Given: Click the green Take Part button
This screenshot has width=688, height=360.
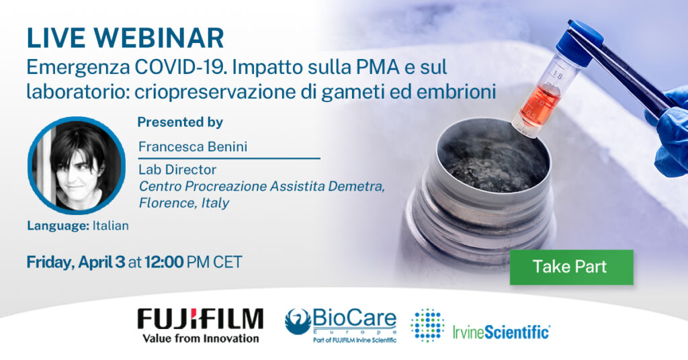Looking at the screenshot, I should tap(571, 267).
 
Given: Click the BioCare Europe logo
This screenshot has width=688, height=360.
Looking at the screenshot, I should tap(341, 321).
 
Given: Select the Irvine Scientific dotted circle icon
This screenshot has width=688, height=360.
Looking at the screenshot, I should tap(427, 325).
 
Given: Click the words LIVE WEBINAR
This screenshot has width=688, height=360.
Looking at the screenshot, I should tap(126, 38).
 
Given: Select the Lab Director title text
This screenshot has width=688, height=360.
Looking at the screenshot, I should tap(177, 170).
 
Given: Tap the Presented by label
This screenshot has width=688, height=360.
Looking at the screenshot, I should tap(180, 122).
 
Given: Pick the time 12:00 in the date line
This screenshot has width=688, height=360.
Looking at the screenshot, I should tap(164, 262).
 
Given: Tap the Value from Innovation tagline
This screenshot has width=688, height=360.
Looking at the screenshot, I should tap(200, 338).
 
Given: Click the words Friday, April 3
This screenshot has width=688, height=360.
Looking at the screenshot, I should tap(75, 262).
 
